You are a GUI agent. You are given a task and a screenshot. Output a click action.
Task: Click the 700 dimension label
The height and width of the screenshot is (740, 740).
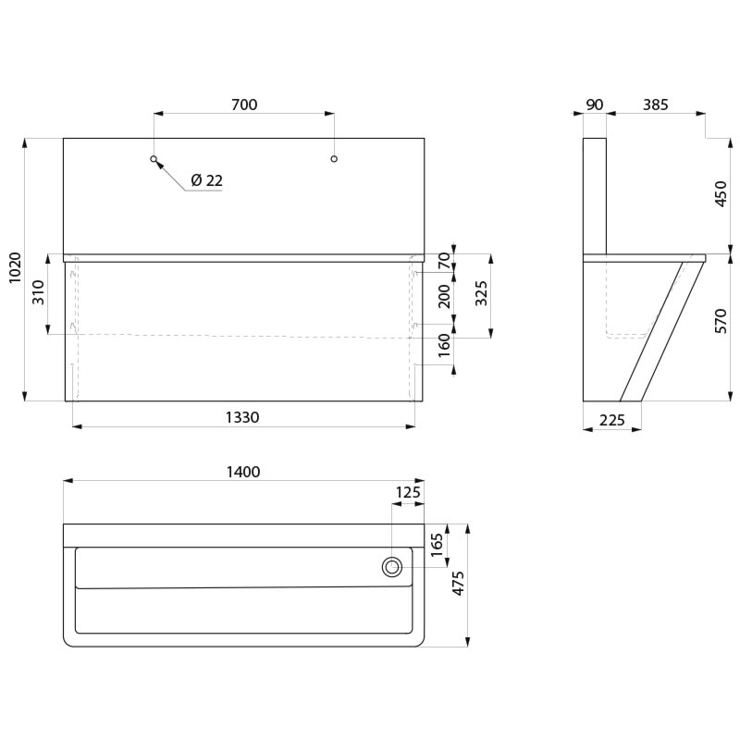tap(244, 105)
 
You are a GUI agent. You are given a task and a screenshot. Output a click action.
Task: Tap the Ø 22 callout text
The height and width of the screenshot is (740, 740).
tap(206, 180)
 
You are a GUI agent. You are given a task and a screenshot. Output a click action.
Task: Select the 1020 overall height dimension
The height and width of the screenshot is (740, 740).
tap(16, 267)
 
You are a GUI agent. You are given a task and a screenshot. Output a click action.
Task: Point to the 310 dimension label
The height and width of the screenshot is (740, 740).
tap(38, 292)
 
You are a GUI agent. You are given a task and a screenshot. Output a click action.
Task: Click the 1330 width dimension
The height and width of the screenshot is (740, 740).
tap(242, 417)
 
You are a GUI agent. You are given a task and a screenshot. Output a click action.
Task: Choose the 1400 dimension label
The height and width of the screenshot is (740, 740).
tap(243, 472)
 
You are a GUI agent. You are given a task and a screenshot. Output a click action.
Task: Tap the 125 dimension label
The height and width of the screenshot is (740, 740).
tap(408, 492)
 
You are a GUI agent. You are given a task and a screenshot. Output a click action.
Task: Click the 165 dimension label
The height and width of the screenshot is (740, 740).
tap(437, 544)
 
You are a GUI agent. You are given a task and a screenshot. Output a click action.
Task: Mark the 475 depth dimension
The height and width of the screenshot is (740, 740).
tap(458, 584)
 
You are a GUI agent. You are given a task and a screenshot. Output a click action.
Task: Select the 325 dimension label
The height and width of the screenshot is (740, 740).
tap(481, 293)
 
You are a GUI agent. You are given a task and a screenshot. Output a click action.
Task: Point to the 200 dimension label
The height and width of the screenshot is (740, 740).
tap(445, 296)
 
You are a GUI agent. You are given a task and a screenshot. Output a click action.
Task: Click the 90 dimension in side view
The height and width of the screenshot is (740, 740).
tap(595, 105)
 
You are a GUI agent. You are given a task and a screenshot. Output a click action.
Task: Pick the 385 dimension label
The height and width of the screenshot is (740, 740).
tap(656, 105)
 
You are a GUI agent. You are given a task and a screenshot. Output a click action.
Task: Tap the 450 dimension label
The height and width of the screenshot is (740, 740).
tap(721, 193)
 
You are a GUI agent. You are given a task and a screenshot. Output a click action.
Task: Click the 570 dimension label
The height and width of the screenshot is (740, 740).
tap(721, 321)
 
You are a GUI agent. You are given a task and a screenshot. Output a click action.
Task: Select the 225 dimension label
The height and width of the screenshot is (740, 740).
tap(612, 420)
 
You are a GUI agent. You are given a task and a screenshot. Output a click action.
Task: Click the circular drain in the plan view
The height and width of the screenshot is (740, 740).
tap(392, 567)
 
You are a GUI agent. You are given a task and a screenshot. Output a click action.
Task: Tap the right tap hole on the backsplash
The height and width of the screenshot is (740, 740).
tap(334, 158)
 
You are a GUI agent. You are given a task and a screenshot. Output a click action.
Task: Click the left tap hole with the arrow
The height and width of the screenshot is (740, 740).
tap(154, 158)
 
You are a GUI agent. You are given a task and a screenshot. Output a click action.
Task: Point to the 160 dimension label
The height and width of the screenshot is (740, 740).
tap(445, 345)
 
